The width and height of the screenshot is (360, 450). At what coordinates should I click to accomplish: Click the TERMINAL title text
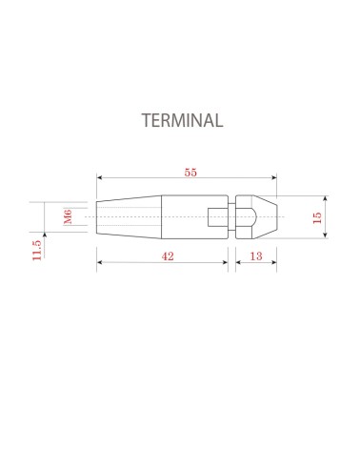[181, 121]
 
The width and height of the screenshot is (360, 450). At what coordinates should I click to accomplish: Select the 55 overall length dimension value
[190, 173]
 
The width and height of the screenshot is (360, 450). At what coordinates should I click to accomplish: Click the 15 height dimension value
[317, 217]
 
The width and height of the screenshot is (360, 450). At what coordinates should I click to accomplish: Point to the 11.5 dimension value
[36, 250]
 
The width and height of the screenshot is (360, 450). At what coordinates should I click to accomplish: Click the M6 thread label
[69, 217]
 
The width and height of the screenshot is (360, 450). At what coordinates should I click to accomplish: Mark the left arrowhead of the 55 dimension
[100, 177]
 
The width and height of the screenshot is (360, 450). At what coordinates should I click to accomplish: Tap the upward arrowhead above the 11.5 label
[44, 235]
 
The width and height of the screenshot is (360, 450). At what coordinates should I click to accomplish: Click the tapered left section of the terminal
[129, 217]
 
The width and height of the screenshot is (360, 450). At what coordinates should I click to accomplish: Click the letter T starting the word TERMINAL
[146, 121]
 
